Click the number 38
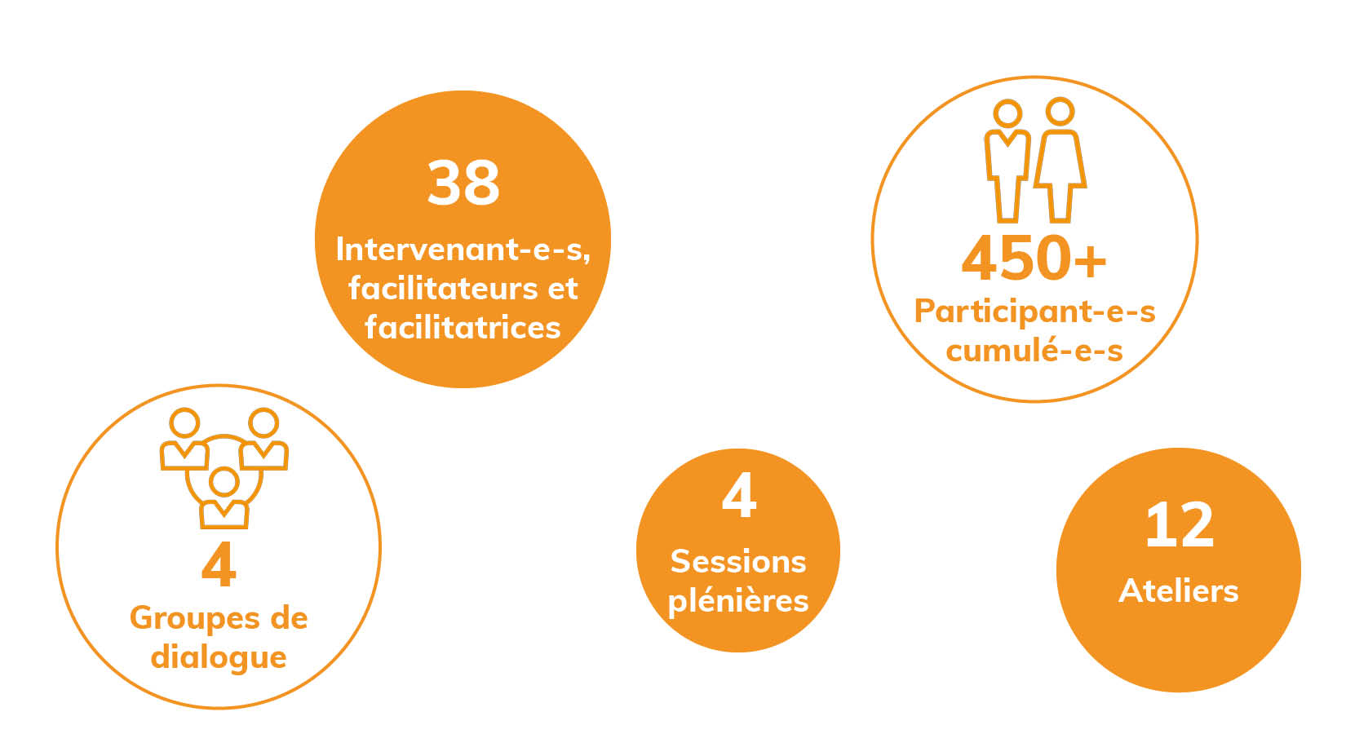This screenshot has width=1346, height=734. pos(463,183)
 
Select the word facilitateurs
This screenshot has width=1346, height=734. pos(443,289)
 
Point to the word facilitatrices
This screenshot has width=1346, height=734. pos(463,327)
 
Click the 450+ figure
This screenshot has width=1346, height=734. pos(1034,259)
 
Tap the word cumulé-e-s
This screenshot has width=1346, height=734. pos(1034,350)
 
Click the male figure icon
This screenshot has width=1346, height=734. pos(1007,161)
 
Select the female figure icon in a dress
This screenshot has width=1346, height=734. pos(1060,160)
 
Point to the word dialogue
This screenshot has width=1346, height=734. pos(219,657)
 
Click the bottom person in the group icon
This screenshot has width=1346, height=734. pos(224,498)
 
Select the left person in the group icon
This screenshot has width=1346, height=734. pos(184,439)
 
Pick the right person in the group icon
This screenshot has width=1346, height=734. pos(263,439)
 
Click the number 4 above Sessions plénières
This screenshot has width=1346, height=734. pos(739,495)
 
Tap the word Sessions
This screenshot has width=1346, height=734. pos(738,562)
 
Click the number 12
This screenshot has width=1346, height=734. pos(1180,525)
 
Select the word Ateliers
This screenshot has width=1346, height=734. pos(1179,591)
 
